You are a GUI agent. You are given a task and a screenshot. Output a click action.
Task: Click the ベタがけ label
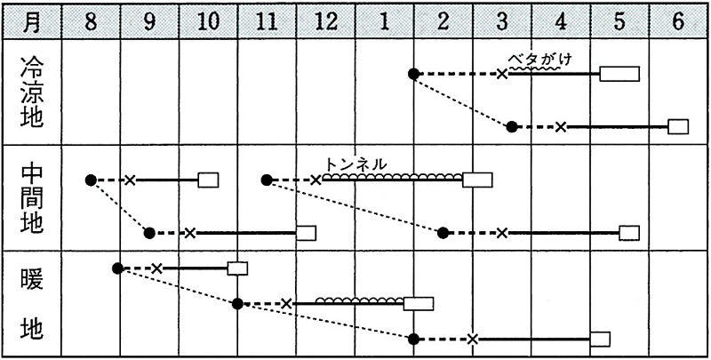tap(538, 60)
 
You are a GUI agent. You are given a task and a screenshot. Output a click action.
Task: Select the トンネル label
tap(356, 164)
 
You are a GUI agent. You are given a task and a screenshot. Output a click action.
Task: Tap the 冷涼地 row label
tap(31, 92)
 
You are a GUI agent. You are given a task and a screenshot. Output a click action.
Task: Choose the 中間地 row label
tap(31, 197)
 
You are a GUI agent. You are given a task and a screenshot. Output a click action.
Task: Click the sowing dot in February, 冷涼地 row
tap(413, 74)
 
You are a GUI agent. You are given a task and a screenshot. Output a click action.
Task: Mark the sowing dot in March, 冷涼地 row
tap(512, 126)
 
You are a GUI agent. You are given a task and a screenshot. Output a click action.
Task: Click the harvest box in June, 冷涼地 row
tap(678, 126)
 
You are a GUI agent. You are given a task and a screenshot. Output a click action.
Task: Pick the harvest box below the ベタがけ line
tap(616, 74)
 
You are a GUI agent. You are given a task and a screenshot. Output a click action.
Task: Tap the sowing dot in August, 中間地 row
tap(90, 180)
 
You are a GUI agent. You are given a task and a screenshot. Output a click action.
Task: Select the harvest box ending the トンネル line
tap(477, 180)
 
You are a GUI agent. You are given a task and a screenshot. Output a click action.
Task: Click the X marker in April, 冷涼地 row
tap(561, 126)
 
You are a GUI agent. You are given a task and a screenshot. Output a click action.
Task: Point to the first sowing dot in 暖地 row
tap(118, 268)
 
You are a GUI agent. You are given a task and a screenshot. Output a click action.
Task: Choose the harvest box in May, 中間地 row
tap(629, 233)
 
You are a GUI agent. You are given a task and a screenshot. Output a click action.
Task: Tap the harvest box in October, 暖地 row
tap(237, 268)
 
